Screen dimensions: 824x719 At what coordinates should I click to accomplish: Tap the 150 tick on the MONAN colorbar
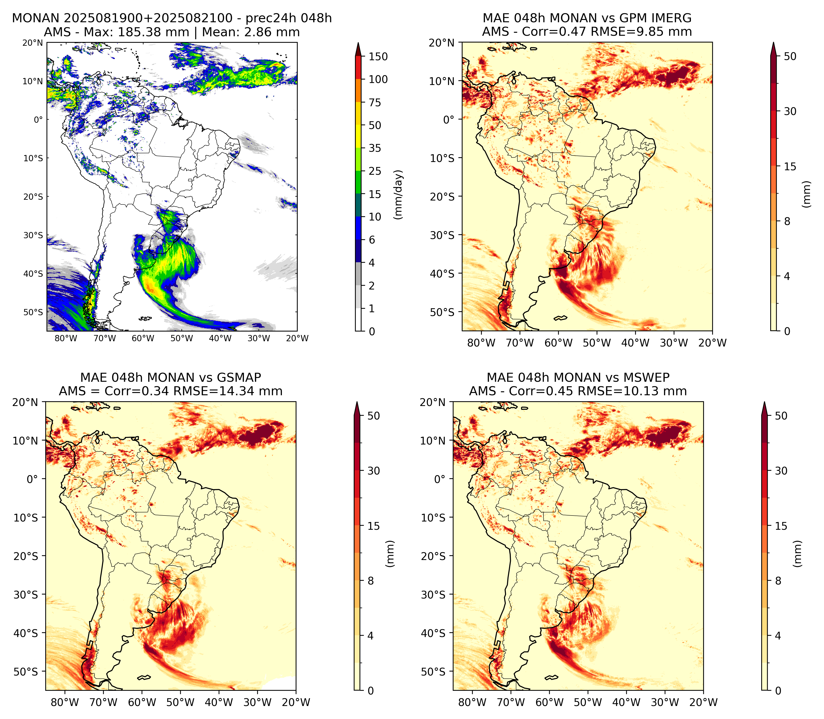point(378,56)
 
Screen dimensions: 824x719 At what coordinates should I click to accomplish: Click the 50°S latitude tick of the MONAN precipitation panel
point(33,312)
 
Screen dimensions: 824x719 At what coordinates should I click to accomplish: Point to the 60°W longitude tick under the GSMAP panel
point(142,702)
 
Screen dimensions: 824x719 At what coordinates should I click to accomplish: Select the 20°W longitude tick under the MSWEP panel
point(703,702)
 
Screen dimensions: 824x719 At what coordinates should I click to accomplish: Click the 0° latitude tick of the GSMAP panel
point(32,479)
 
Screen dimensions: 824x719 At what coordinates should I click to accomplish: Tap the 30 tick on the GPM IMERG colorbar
point(790,111)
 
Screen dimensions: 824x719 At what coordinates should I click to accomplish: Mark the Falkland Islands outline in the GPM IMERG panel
point(561,318)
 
